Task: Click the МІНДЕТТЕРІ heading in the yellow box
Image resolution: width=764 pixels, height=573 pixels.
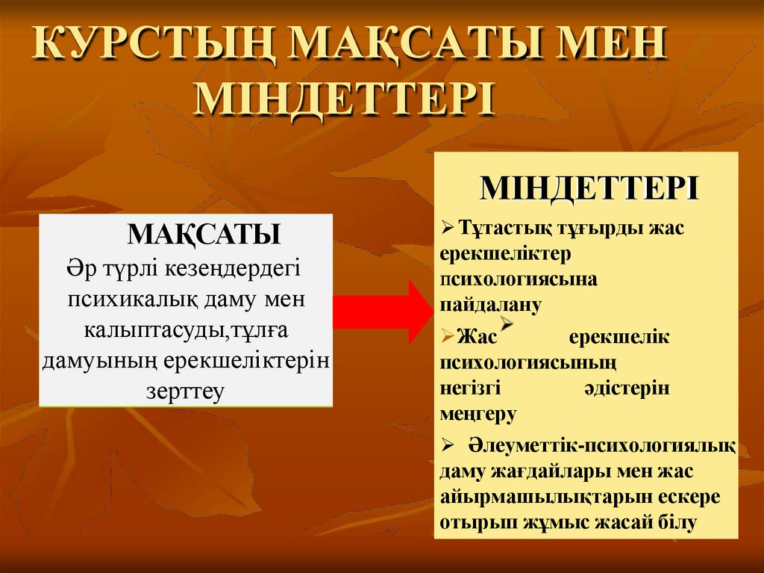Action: tap(589, 188)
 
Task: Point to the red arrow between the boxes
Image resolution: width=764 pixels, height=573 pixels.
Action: tap(381, 312)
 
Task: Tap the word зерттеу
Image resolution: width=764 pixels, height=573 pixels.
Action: tap(185, 391)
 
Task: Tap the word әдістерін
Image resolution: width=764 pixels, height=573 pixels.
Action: tap(625, 388)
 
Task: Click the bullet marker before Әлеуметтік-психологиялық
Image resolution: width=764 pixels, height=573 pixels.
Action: tap(448, 446)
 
